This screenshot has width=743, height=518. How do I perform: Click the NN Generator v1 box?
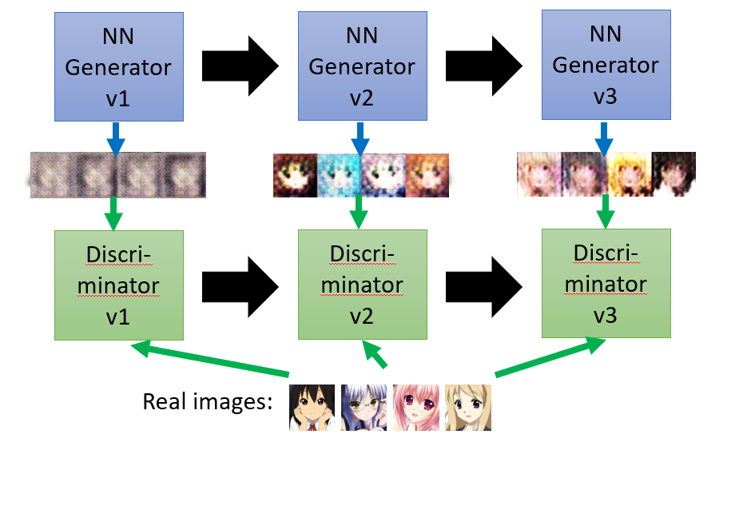pos(117,67)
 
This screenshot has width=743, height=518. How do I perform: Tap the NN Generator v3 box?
pos(606,64)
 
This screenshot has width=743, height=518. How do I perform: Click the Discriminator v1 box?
pos(118,285)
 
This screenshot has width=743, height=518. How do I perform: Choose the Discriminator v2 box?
pos(362,284)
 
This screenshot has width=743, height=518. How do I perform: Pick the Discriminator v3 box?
pos(606,282)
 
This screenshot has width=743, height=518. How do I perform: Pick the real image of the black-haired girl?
pos(311,408)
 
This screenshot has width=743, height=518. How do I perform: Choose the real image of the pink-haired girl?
pos(415,408)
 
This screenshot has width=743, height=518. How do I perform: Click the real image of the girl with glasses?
pos(364,408)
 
